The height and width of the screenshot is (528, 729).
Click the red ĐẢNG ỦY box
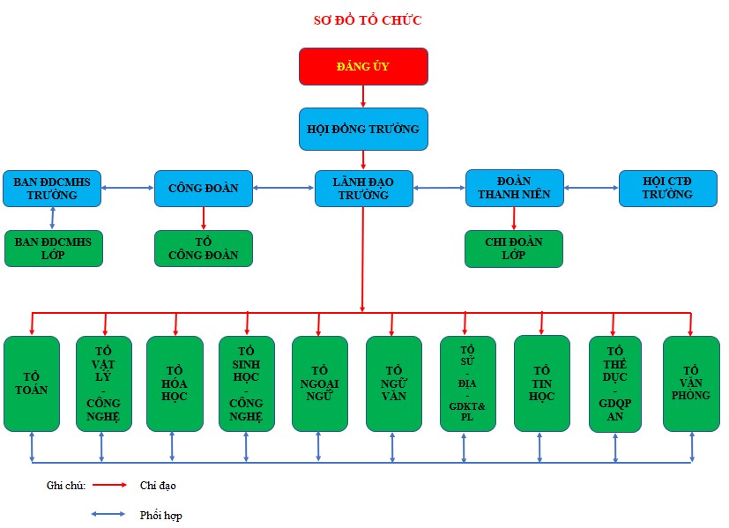(363, 66)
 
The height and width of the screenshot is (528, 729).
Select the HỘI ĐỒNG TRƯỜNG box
(363, 129)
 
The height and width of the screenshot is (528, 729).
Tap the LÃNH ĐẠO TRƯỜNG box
(363, 188)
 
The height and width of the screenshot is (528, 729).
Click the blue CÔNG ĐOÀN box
(203, 188)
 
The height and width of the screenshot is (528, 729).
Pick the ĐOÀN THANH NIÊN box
(514, 188)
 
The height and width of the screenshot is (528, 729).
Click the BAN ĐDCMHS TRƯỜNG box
(52, 188)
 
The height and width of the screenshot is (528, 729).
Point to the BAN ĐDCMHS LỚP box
(53, 248)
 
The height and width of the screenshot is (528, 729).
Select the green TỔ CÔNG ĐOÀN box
(203, 248)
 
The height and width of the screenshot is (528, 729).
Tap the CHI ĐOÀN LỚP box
(513, 248)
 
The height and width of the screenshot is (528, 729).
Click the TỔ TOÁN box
(32, 383)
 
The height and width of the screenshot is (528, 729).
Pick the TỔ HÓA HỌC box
(175, 383)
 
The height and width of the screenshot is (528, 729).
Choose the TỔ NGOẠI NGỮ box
(320, 383)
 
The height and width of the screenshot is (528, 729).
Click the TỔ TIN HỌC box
(542, 383)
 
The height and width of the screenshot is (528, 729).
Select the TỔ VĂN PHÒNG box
(691, 383)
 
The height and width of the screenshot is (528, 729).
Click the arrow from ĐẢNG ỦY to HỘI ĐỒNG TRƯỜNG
(363, 96)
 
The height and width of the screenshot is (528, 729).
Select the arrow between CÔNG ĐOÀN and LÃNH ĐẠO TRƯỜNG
(283, 188)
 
